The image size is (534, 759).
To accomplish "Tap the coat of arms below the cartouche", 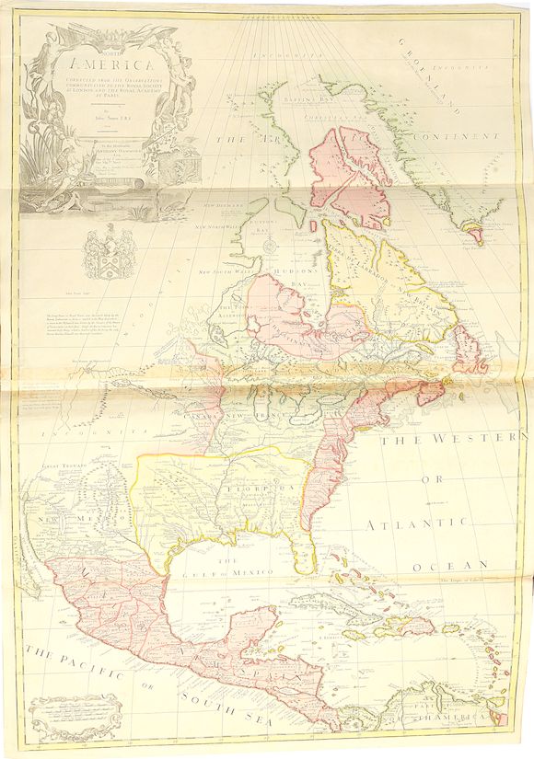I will [102, 252].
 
